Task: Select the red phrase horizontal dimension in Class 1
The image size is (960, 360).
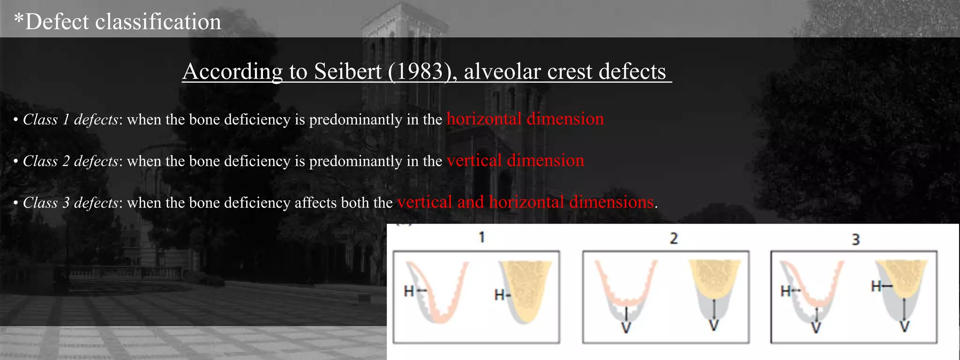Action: pos(525,119)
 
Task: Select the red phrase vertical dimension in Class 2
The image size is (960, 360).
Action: pos(515,160)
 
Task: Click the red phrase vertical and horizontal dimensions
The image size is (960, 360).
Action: pos(525,202)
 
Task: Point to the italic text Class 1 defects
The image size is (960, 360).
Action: pos(70,120)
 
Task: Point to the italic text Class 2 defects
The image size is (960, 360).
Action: pos(70,161)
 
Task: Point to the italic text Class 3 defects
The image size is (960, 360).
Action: pos(70,203)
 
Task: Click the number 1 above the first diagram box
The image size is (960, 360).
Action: pos(481,237)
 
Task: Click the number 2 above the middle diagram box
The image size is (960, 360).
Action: pos(674,238)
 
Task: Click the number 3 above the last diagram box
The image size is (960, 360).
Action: pos(856,240)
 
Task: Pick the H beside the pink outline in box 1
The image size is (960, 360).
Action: pos(409,292)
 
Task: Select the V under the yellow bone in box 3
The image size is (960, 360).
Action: pos(905,327)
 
